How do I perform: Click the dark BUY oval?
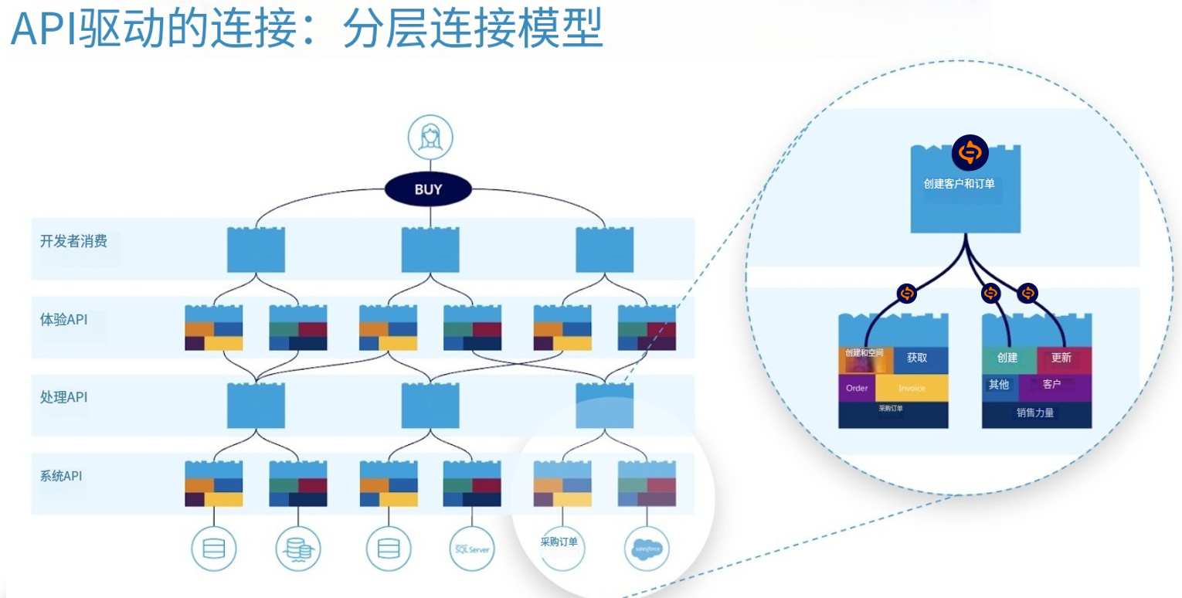[429, 189]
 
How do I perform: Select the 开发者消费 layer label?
[73, 241]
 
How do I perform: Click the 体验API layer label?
[63, 319]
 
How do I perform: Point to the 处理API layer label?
[63, 397]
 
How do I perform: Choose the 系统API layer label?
[61, 476]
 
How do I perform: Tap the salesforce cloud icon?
[646, 549]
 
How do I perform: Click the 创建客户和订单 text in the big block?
[959, 184]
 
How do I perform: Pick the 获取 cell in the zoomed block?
[917, 358]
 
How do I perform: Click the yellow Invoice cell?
[912, 388]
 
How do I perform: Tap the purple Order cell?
[857, 388]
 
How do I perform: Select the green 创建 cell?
[1007, 358]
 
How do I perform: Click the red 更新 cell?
[1062, 358]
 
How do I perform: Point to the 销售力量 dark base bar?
[1035, 413]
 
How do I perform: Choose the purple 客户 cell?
[1052, 385]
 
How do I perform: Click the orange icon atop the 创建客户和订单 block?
[970, 153]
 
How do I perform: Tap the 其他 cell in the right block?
[999, 385]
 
